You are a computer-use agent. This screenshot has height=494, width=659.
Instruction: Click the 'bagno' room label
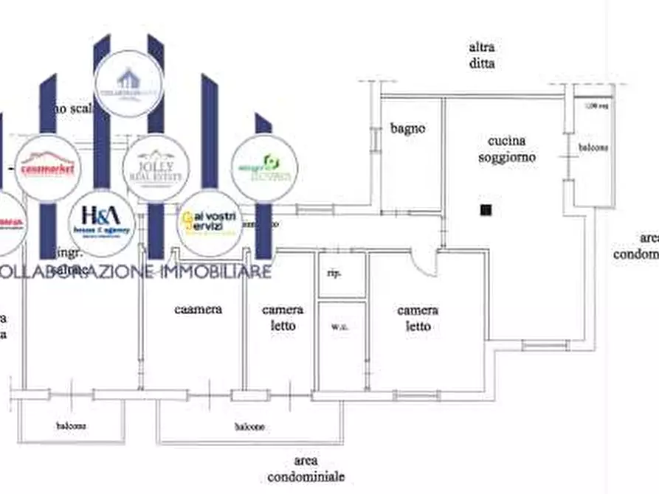point(407,128)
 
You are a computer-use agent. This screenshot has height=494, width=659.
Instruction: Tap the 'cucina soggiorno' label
point(506,149)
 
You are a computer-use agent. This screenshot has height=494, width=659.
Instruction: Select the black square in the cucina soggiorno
point(485,210)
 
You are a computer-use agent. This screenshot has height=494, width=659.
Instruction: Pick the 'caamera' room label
point(198,310)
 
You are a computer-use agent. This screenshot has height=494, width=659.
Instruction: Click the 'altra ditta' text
point(481,55)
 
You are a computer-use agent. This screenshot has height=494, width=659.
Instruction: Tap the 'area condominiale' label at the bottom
point(306,467)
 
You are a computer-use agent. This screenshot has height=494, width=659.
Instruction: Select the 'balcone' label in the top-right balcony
point(593,147)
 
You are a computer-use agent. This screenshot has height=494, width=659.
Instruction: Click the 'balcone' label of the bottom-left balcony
point(71,425)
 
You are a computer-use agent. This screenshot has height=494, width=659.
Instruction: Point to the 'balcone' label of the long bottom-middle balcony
point(250,426)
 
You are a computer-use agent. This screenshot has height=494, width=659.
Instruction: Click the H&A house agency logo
point(101,223)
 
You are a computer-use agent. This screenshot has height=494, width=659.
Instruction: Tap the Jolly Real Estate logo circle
point(156,167)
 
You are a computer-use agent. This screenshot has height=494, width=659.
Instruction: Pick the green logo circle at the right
point(264,168)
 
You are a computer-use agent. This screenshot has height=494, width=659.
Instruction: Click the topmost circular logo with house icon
point(128,83)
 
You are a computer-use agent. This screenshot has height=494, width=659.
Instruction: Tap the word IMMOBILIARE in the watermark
point(213,272)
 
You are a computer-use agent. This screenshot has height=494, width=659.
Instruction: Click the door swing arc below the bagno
point(426,259)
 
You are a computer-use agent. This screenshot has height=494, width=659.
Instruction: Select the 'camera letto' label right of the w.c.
point(418,319)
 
